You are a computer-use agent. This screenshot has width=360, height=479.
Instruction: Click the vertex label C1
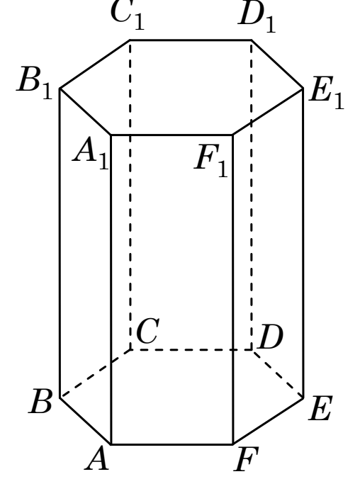(127, 15)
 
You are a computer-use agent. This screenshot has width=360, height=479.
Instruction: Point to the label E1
(327, 93)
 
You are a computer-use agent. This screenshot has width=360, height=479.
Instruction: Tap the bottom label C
(147, 331)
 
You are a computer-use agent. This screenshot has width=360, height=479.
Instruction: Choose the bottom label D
(271, 337)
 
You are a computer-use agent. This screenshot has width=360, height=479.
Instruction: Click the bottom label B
(40, 401)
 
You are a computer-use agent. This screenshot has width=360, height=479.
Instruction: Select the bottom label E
(320, 409)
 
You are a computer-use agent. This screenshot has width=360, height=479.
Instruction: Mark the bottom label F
(247, 459)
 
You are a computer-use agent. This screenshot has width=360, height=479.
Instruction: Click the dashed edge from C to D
(191, 350)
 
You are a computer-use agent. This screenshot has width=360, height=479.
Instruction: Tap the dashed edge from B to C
(95, 373)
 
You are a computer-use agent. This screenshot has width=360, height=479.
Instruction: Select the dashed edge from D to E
(278, 374)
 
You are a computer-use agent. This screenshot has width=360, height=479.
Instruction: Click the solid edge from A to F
(171, 444)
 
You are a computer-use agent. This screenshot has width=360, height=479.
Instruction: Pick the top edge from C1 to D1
(191, 40)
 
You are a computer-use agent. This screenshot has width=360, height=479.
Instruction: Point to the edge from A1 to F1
(171, 135)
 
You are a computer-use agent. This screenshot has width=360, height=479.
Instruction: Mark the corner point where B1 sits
(60, 89)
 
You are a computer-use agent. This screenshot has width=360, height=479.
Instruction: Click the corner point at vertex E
(303, 398)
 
